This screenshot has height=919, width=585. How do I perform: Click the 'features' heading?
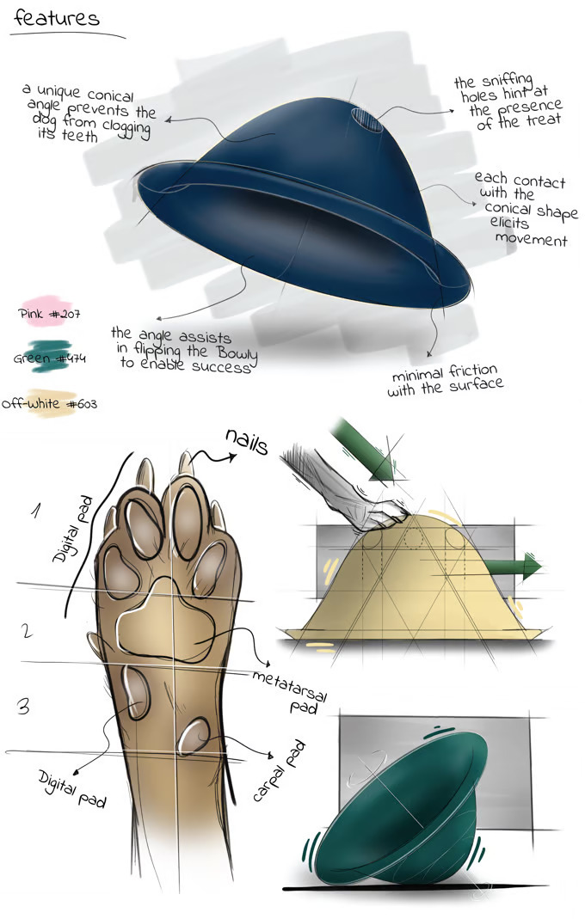click(x=57, y=18)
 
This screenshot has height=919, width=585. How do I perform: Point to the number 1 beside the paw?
click(x=36, y=512)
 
